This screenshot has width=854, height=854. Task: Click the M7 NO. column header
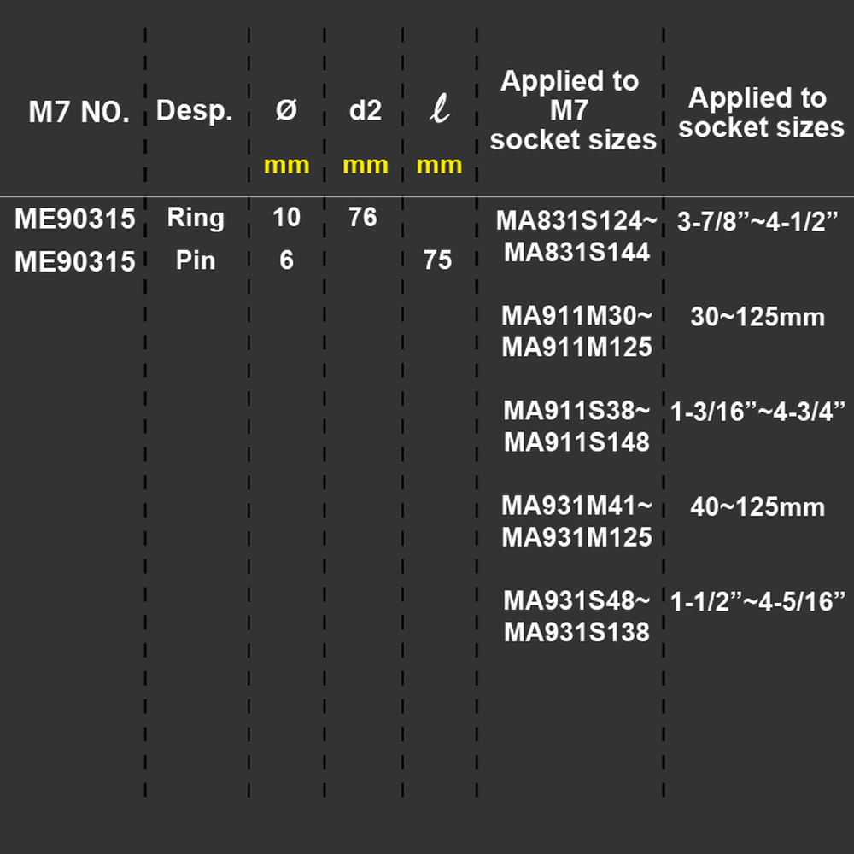[x=79, y=112]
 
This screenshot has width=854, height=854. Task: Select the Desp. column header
[x=195, y=111]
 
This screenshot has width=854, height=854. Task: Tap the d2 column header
[x=365, y=110]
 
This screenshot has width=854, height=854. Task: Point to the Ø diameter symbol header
[x=286, y=110]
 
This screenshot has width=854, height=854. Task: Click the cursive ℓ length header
[x=440, y=108]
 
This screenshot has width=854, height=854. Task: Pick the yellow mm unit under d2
[x=366, y=165]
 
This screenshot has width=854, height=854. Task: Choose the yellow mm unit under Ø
[x=286, y=165]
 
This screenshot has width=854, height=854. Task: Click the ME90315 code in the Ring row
[x=74, y=219]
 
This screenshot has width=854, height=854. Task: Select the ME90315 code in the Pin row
[x=74, y=261]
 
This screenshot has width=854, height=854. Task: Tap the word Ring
[x=196, y=219]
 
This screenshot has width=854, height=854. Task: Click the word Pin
[x=196, y=260]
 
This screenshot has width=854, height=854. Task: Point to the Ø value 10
[x=286, y=217]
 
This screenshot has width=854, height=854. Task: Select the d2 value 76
[x=363, y=217]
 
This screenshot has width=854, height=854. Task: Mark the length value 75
[x=438, y=260]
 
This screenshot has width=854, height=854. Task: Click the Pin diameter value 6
[x=286, y=260]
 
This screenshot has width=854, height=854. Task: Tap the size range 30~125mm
[x=757, y=317]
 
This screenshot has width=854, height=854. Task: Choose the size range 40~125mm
[x=757, y=507]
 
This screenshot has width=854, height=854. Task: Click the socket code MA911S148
[x=576, y=442]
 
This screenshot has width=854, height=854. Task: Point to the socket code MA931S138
[x=576, y=632]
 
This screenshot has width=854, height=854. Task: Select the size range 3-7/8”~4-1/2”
[x=757, y=222]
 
